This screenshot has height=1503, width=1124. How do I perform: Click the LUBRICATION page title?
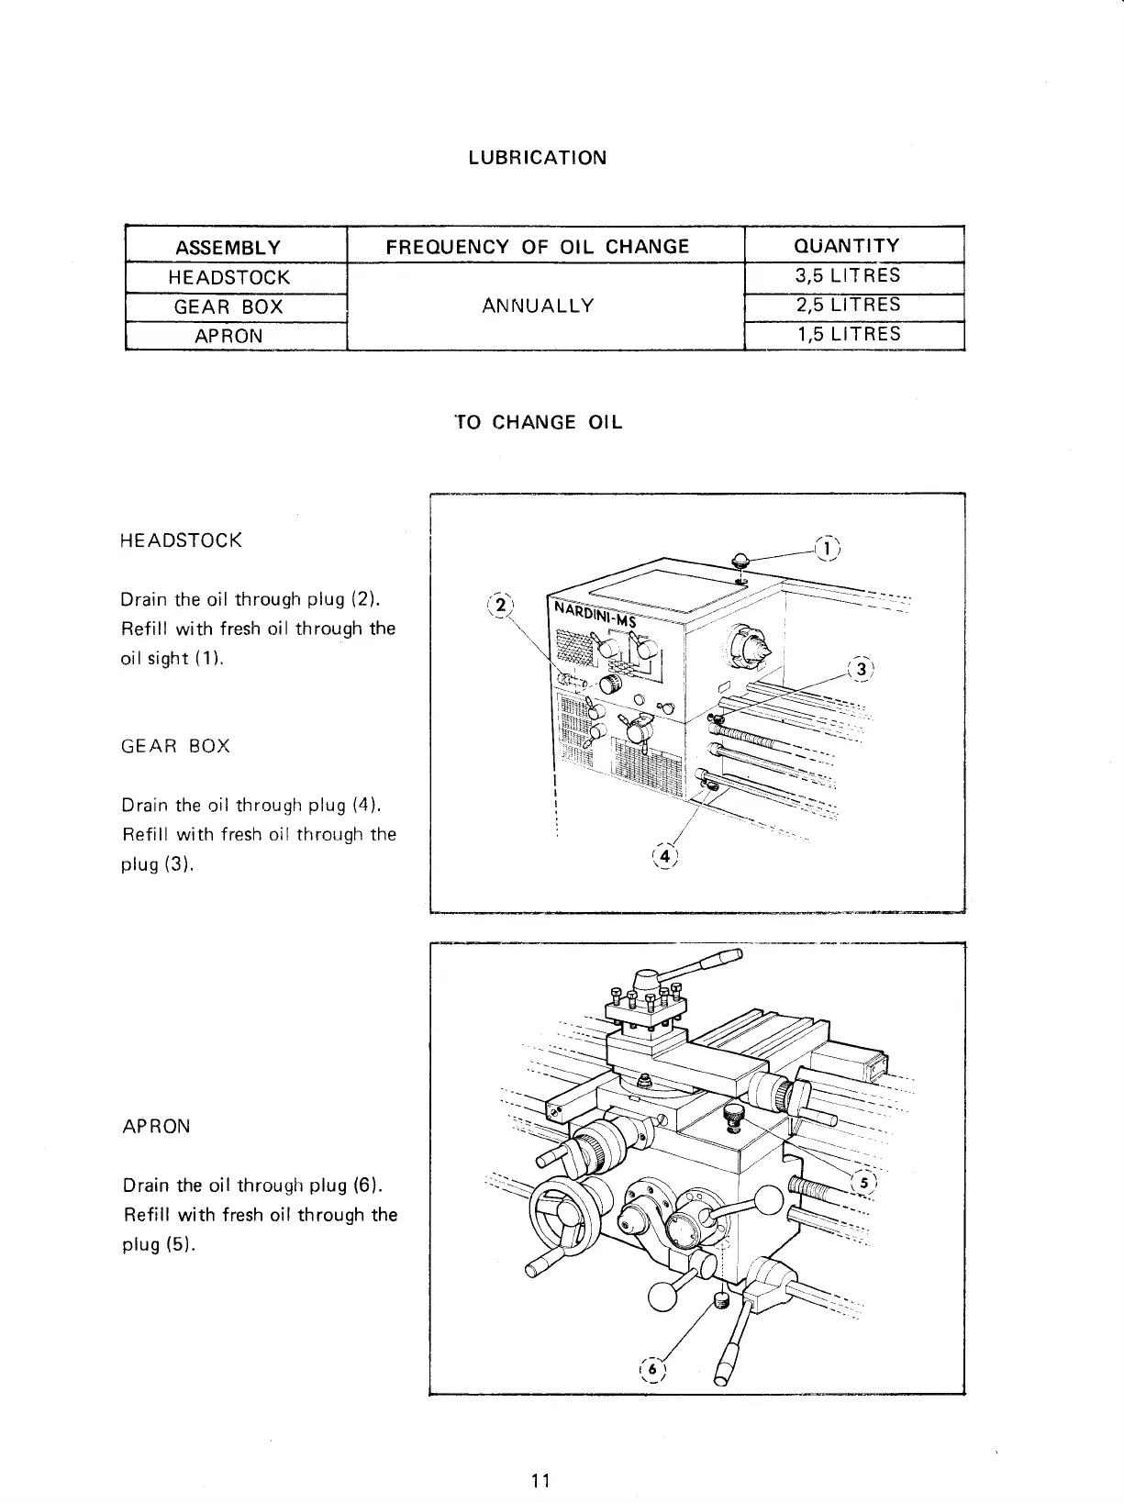537,157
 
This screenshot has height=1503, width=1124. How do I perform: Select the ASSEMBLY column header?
228,247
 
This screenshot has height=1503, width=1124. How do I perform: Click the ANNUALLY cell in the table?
538,305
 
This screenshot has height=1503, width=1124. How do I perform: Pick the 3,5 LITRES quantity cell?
849,275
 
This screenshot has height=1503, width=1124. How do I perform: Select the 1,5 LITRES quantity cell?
849,334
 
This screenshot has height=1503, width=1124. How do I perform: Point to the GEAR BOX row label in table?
228,306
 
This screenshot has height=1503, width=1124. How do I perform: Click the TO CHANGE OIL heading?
539,422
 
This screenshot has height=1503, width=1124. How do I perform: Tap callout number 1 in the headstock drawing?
828,548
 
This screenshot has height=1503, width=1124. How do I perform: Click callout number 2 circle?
499,606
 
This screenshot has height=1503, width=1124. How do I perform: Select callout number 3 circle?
860,668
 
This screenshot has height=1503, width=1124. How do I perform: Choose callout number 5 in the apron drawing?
863,1181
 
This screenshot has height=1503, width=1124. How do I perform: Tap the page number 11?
540,1480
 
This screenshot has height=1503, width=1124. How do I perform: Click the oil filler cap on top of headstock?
740,561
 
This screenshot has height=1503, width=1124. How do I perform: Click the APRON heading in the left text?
156,1126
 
